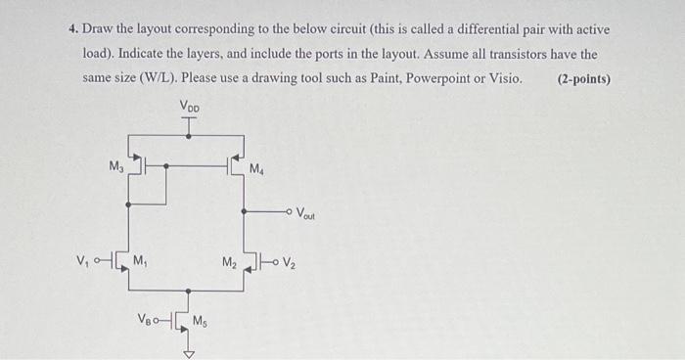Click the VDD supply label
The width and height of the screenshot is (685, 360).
click(191, 105)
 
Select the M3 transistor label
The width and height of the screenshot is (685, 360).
click(115, 167)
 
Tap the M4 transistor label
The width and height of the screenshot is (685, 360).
click(256, 170)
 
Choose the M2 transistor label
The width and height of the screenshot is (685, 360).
click(229, 261)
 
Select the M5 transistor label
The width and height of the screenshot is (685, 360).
click(200, 319)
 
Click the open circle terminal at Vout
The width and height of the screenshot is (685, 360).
click(290, 210)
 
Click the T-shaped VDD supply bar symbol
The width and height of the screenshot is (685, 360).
click(190, 119)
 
